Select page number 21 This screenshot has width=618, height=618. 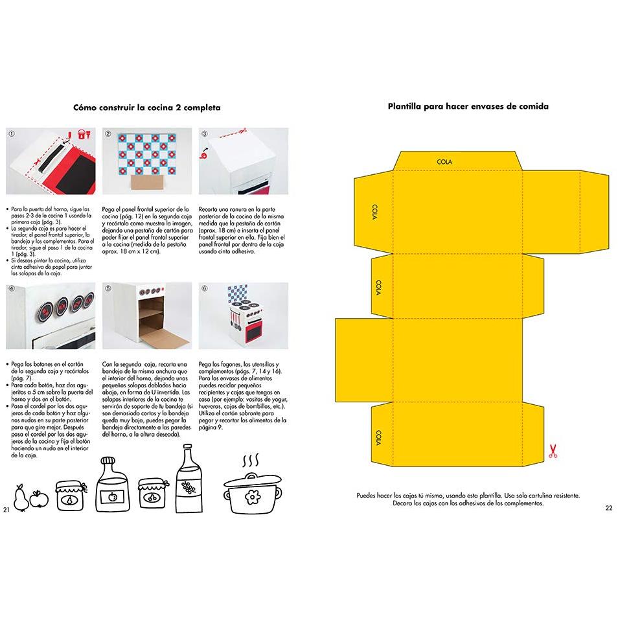click(x=6, y=509)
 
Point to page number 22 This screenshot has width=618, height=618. click(x=609, y=508)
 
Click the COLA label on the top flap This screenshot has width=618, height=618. click(x=444, y=161)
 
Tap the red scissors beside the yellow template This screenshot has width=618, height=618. click(x=553, y=451)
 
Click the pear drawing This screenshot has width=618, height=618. click(x=20, y=498)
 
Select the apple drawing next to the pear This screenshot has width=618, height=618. click(x=39, y=499)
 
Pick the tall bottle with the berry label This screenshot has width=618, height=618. click(x=189, y=479)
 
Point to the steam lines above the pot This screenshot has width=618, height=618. click(x=251, y=460)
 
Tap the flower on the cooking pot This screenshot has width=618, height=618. click(x=252, y=497)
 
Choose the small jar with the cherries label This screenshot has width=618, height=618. click(x=152, y=494)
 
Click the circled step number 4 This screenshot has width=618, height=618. click(x=12, y=288)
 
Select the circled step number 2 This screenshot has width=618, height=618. click(x=108, y=133)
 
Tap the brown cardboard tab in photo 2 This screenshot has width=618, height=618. click(x=146, y=183)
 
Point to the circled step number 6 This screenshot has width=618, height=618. click(x=205, y=288)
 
